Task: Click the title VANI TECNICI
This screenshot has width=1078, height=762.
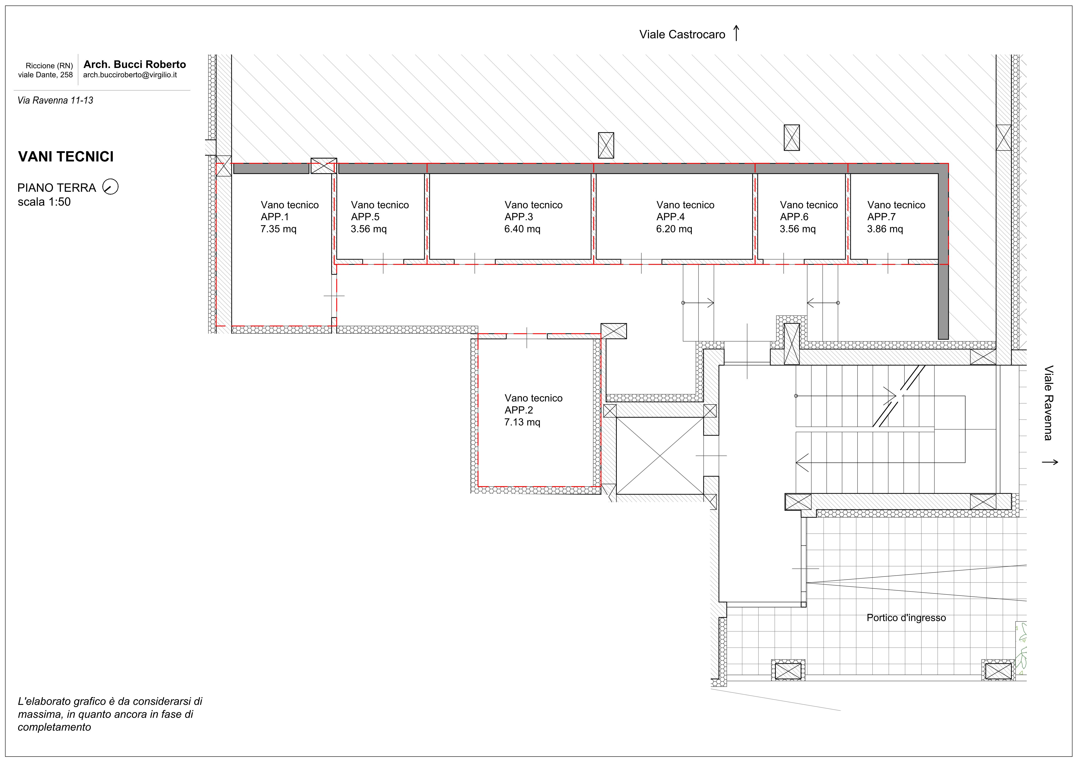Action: (66, 157)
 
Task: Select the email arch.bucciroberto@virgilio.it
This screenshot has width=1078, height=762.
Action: (130, 75)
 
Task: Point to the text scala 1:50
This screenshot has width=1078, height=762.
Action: (44, 202)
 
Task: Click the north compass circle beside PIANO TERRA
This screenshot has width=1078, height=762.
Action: (111, 187)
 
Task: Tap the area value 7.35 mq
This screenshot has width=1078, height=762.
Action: (278, 229)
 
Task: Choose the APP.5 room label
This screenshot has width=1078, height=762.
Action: (365, 217)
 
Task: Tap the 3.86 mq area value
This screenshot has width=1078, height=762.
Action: (885, 229)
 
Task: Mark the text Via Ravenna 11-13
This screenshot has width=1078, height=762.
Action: (55, 101)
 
